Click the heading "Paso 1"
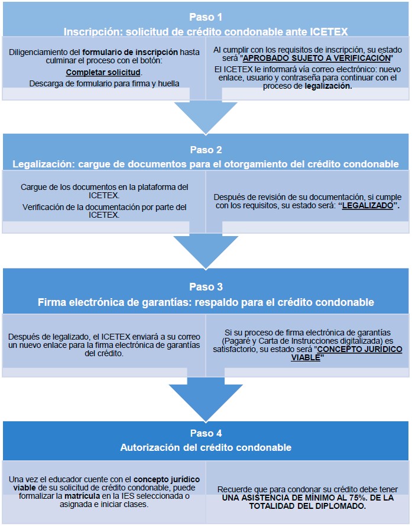[206, 17]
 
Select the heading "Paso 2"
[206, 150]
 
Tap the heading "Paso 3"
[206, 287]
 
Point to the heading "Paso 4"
[206, 433]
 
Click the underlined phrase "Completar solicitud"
[103, 72]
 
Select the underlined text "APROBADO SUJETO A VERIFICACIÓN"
[316, 58]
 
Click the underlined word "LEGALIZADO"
[368, 205]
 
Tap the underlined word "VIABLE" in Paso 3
[306, 357]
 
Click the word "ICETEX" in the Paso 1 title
[329, 31]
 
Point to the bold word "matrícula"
[82, 496]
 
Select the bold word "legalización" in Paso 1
[328, 86]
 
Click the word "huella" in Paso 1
[168, 83]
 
